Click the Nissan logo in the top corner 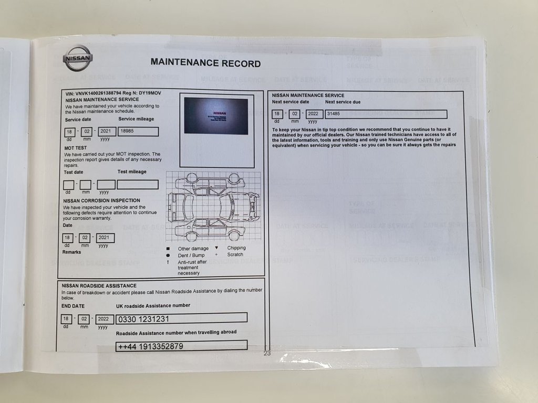click(x=78, y=58)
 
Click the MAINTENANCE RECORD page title click(x=205, y=63)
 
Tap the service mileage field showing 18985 click(x=138, y=132)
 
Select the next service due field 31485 click(x=386, y=114)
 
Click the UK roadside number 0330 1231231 click(x=181, y=318)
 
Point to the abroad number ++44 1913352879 click(x=181, y=346)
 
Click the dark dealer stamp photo click(x=216, y=116)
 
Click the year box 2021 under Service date click(x=107, y=132)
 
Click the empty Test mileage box click(x=138, y=185)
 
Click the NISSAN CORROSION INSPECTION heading click(x=101, y=200)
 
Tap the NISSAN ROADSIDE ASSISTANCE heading click(x=99, y=285)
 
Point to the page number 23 click(x=267, y=354)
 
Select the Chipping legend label click(x=236, y=248)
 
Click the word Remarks click(x=72, y=252)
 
